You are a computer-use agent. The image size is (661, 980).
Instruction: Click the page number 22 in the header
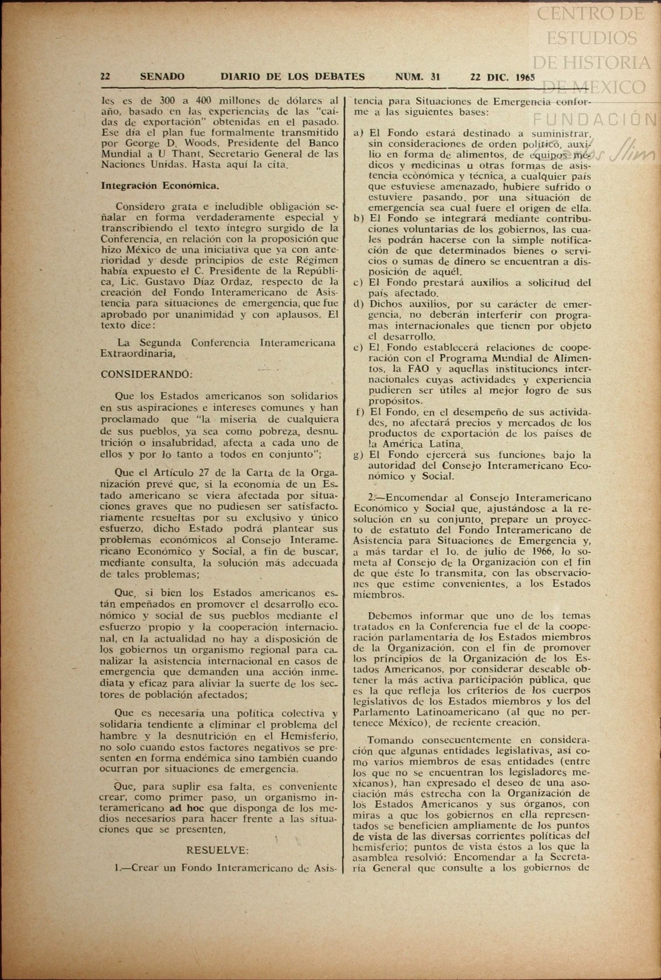coord(105,77)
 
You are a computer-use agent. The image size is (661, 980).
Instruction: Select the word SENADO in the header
coord(162,77)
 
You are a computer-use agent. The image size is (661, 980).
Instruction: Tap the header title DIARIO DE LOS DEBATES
coord(292,77)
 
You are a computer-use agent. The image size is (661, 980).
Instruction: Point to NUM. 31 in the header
coord(417,77)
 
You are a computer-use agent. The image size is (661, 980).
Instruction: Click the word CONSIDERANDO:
coord(147,374)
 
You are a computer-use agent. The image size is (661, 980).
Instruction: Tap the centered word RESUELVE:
coord(217,850)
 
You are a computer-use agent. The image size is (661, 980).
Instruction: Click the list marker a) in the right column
coord(359,133)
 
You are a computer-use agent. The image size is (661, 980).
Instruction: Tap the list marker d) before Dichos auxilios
coord(359,304)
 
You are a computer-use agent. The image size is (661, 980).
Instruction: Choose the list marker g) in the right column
coord(359,455)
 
